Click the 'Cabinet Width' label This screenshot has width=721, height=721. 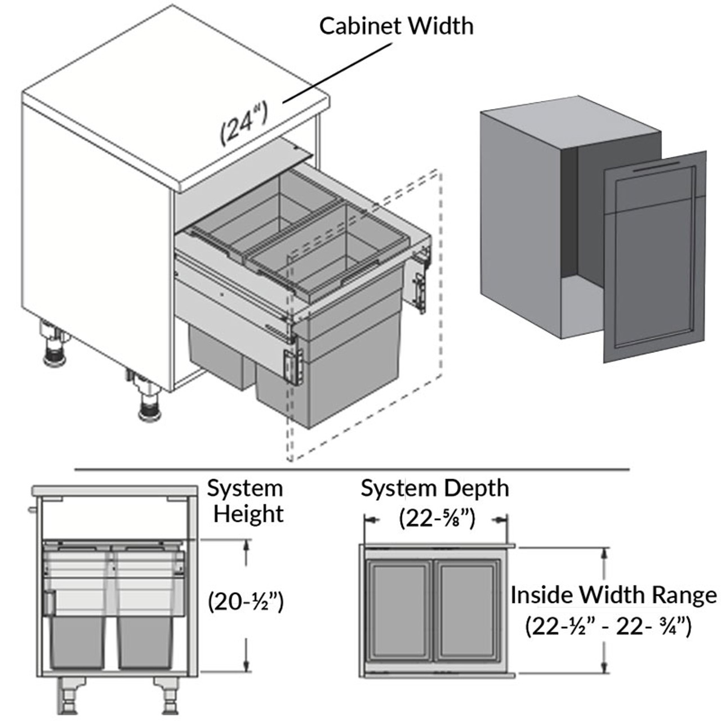click(397, 26)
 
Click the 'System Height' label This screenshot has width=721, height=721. click(246, 501)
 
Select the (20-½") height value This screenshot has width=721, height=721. click(246, 602)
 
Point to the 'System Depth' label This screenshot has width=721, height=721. click(434, 488)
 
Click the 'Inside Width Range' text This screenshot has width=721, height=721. click(614, 595)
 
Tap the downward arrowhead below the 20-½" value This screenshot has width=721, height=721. click(246, 666)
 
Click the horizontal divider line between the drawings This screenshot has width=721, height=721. click(351, 469)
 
